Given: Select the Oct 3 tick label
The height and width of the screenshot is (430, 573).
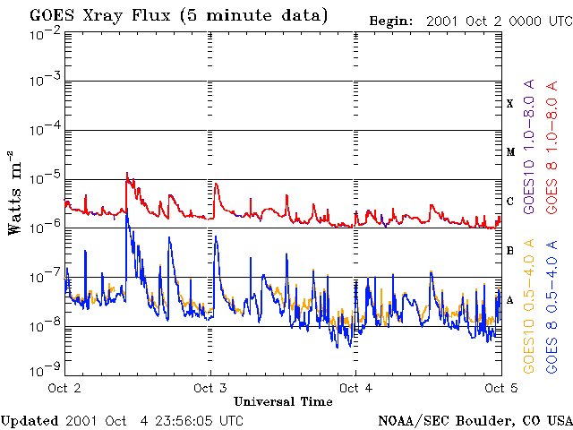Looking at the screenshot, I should pos(210,388).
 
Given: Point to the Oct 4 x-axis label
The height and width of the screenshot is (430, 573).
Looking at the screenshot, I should pos(355,388).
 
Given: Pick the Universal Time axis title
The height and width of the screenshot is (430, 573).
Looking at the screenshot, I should pos(283,401).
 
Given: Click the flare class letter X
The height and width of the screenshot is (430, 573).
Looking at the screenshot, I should pos(510,104).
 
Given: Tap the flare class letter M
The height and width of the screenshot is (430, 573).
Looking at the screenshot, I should pos(510,152).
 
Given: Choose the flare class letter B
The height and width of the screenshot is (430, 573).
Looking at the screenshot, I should pos(510,251).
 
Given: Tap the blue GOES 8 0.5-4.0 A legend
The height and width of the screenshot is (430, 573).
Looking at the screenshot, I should pos(552,305).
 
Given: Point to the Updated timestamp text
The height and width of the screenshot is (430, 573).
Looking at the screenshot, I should pos(122,420).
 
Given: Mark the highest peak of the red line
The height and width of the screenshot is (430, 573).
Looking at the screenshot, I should pos(127,173).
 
